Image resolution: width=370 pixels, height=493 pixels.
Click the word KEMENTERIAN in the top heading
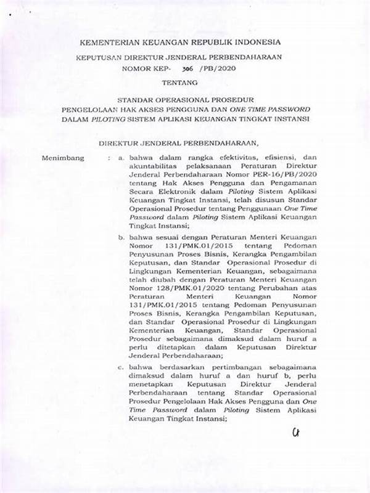[x=105, y=42]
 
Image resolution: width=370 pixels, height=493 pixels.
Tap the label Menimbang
[x=61, y=158]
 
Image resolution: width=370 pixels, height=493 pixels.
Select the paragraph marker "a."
[x=122, y=158]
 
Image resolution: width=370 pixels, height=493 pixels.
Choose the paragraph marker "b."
[x=122, y=237]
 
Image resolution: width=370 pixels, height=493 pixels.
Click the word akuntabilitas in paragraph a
[x=155, y=166]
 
